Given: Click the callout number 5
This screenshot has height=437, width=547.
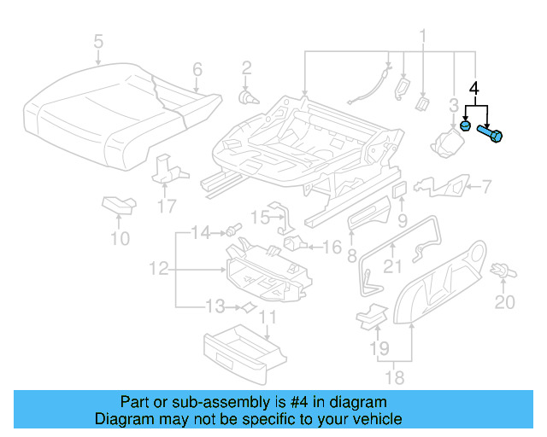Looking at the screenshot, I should (x=97, y=41).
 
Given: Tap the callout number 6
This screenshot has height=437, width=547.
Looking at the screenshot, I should (x=197, y=69).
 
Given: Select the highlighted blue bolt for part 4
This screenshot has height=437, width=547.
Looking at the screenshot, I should (x=493, y=134).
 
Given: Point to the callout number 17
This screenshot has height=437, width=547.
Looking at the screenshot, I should (x=168, y=206).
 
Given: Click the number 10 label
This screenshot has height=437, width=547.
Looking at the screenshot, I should (x=121, y=238).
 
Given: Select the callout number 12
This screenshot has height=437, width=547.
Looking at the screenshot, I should (x=158, y=269).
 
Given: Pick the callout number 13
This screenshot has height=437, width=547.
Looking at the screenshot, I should (x=217, y=306).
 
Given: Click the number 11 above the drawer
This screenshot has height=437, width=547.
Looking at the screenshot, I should (x=268, y=319).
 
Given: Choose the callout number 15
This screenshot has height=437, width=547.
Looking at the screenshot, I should (x=260, y=213).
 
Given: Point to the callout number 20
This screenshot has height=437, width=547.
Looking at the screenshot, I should (x=505, y=302).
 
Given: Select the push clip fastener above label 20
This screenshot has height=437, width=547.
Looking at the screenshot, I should (x=504, y=271).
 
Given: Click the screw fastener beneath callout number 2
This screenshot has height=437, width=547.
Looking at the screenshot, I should (x=246, y=96).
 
